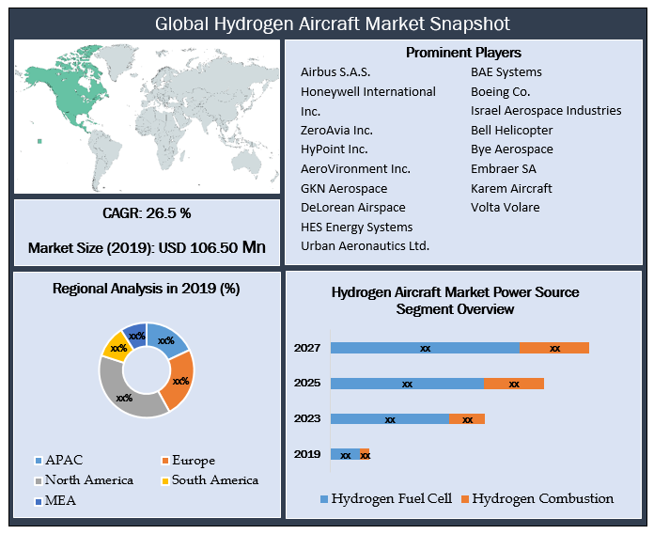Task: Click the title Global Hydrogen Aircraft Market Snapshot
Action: click(x=333, y=24)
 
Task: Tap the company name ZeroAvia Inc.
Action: click(x=336, y=131)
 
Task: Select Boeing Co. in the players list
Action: click(x=501, y=92)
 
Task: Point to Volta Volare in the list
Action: click(x=506, y=208)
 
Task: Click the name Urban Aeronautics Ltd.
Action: click(x=365, y=246)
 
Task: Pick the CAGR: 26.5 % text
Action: click(x=147, y=213)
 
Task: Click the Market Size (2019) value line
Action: click(x=147, y=248)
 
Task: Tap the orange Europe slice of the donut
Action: click(x=180, y=380)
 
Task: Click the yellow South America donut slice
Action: click(x=117, y=346)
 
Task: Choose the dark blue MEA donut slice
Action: click(x=136, y=335)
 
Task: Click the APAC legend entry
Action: click(x=59, y=460)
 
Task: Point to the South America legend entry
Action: click(x=210, y=480)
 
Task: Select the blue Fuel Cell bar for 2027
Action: click(x=425, y=348)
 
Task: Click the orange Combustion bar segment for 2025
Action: click(x=514, y=384)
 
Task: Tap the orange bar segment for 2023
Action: click(x=467, y=419)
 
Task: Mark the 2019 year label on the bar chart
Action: click(x=307, y=454)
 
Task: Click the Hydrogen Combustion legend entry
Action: click(x=537, y=498)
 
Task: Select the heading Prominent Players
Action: click(x=463, y=53)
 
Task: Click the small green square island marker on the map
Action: click(x=39, y=141)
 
